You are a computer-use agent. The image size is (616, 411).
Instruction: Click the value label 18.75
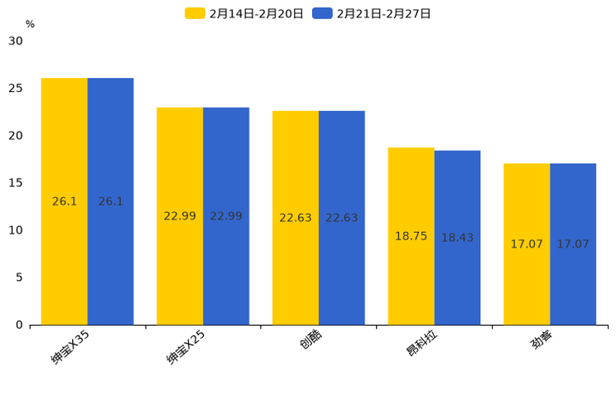[x=411, y=236]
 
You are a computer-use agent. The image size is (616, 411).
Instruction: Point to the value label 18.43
[x=457, y=238]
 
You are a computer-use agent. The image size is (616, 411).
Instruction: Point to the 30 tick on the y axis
[x=16, y=41]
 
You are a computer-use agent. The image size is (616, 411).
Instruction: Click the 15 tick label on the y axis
[x=16, y=183]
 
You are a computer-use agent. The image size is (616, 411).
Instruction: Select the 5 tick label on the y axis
[x=19, y=278]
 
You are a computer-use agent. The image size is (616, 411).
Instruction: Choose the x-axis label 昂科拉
[x=422, y=345]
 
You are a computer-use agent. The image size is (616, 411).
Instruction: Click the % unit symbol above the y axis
[x=30, y=24]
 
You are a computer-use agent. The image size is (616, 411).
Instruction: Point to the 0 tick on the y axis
[x=19, y=325]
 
